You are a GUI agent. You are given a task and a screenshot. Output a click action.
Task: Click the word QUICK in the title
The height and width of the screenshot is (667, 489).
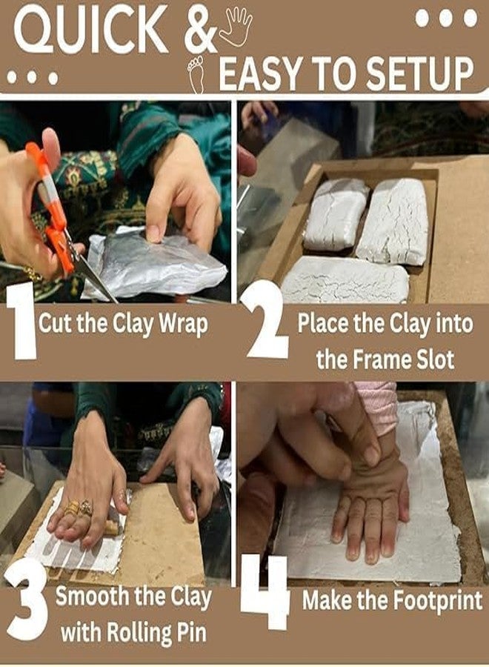(x=90, y=30)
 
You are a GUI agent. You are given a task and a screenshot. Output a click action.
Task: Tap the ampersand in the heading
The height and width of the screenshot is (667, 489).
(x=200, y=30)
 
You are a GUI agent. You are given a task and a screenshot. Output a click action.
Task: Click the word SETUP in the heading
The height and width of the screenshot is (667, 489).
(x=419, y=74)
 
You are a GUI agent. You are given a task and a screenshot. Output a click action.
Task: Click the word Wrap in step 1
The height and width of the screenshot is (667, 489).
(x=184, y=325)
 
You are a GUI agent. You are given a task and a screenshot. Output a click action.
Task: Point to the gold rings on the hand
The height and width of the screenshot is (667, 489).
(x=79, y=508)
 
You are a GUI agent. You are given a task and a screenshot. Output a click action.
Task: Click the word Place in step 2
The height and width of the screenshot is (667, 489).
(x=323, y=324)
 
